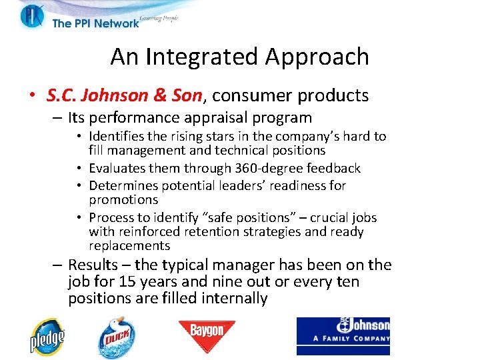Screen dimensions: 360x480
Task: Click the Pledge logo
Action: pyautogui.click(x=46, y=337)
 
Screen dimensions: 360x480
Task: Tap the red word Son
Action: pyautogui.click(x=186, y=96)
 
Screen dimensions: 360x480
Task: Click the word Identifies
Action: pyautogui.click(x=119, y=136)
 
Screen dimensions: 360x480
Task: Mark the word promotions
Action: pyautogui.click(x=123, y=199)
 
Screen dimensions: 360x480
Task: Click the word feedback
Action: pyautogui.click(x=331, y=168)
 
